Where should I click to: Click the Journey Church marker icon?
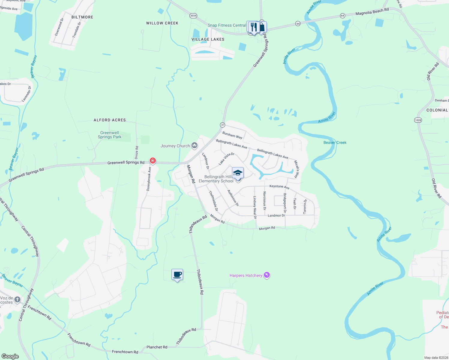(x=194, y=146)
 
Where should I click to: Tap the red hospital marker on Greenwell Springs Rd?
(x=153, y=161)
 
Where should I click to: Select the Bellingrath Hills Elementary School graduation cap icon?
(x=238, y=173)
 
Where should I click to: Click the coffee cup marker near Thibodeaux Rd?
(x=177, y=274)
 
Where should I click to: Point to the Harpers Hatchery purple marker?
(x=267, y=275)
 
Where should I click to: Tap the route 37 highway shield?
(x=222, y=125)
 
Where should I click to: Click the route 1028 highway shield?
(x=418, y=120)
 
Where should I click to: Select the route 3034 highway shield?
(x=193, y=16)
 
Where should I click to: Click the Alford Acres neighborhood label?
(x=110, y=120)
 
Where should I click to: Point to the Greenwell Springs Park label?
(x=110, y=135)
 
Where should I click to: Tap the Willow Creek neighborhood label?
(x=162, y=23)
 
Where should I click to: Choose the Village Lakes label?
(x=208, y=39)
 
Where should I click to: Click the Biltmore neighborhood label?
(x=82, y=17)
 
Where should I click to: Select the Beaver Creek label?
(x=335, y=142)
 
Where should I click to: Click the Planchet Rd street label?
(x=157, y=347)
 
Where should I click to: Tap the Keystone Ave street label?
(x=279, y=187)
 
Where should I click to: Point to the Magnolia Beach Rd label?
(x=372, y=11)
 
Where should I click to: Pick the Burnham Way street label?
(x=232, y=135)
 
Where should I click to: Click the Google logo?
(x=10, y=356)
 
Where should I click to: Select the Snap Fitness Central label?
(x=227, y=25)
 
